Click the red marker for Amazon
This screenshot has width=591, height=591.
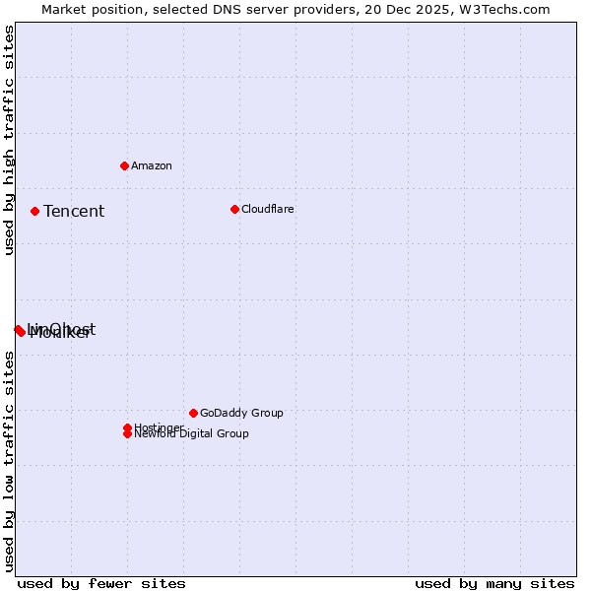[x=124, y=165]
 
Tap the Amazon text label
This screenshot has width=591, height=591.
[x=152, y=165]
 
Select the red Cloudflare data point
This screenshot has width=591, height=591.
[x=234, y=209]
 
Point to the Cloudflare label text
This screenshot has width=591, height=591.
[x=267, y=209]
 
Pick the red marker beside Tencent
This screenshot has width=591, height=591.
[x=34, y=211]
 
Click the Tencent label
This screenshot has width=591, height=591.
[x=74, y=211]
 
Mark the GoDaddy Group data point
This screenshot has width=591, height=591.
[x=193, y=413]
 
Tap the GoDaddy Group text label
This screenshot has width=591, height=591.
[x=241, y=413]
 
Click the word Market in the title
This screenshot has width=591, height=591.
[x=62, y=9]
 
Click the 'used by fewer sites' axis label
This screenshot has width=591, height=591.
[x=101, y=583]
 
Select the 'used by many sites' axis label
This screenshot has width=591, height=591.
[x=494, y=583]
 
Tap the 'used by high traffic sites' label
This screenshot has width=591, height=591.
[x=9, y=140]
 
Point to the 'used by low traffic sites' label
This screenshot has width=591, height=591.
[x=9, y=461]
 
